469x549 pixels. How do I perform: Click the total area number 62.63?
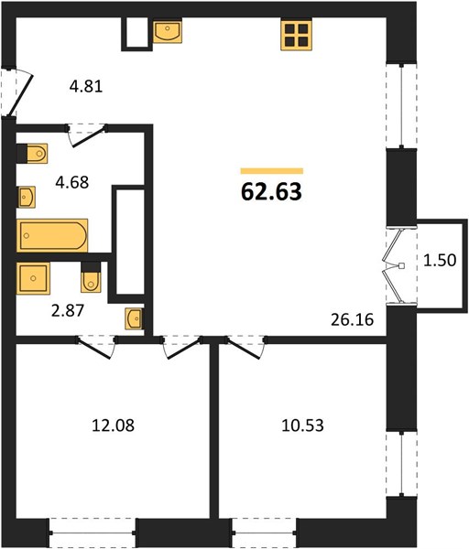271,191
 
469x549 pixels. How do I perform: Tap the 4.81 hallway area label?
86,86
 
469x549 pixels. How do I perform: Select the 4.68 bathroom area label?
72,182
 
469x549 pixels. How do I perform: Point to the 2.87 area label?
68,310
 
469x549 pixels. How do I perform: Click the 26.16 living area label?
353,319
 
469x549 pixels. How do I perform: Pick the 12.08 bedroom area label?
113,425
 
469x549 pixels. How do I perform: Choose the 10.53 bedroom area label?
302,425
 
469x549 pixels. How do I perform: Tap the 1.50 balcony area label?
440,260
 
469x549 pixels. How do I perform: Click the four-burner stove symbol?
296,35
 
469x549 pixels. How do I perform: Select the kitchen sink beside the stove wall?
168,30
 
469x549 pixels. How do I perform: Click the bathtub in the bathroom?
52,235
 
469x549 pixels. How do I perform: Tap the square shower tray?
33,278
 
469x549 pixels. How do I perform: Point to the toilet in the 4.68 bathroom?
32,154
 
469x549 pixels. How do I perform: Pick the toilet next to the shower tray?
91,276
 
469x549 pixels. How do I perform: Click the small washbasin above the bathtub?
27,197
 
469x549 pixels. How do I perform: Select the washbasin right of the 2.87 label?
134,318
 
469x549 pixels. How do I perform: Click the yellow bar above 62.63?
272,171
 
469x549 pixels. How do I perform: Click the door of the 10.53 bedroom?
245,349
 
